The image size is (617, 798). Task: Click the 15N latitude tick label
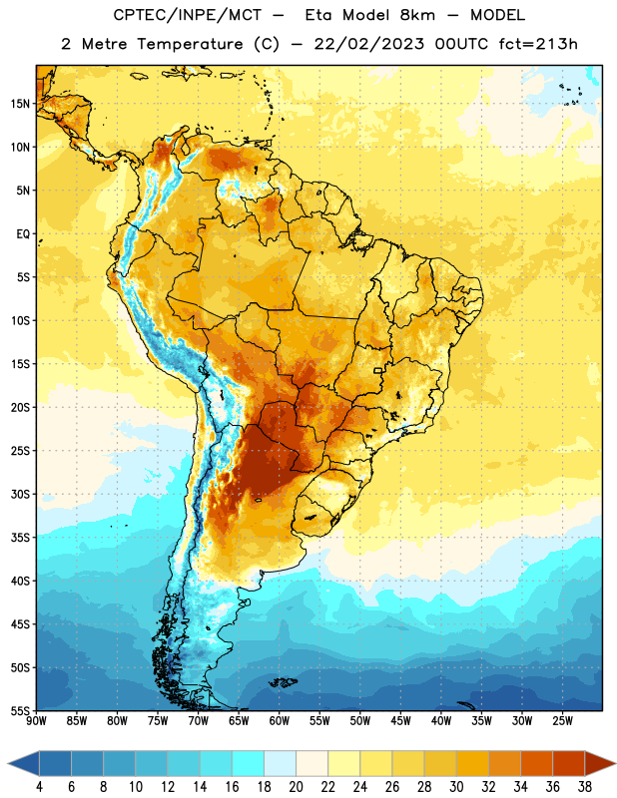click(x=20, y=104)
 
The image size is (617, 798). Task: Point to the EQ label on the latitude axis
click(x=23, y=234)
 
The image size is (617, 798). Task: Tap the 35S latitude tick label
click(x=20, y=538)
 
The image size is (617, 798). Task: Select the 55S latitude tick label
click(x=20, y=710)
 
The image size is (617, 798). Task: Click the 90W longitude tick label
click(x=36, y=721)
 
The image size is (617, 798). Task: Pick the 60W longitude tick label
click(x=280, y=721)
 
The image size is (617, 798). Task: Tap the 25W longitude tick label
click(x=562, y=721)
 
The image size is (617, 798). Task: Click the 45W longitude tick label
click(x=400, y=721)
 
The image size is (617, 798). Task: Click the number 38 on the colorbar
click(x=585, y=787)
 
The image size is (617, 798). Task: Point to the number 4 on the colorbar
click(x=39, y=787)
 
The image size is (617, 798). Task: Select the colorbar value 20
click(x=296, y=787)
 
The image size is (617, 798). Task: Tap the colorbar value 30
click(x=456, y=787)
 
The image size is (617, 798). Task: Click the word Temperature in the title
click(x=191, y=44)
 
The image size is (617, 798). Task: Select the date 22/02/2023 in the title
click(x=368, y=44)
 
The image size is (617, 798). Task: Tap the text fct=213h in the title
click(x=538, y=44)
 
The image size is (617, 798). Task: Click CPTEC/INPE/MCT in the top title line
click(x=188, y=15)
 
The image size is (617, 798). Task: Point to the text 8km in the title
click(x=417, y=15)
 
